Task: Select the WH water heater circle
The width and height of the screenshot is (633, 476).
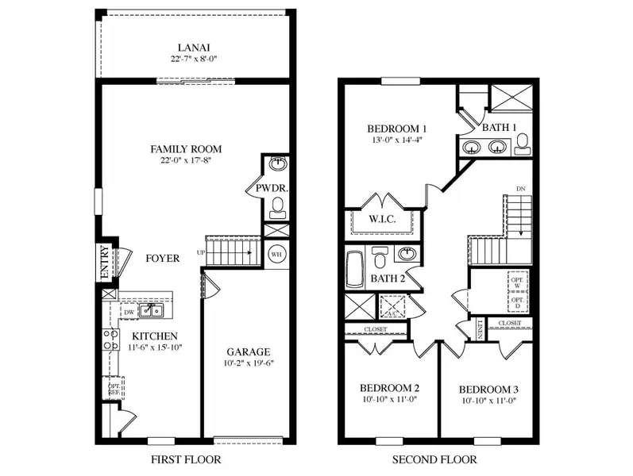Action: coord(276,254)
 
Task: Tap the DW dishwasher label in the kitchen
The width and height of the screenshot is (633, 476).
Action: coord(129,313)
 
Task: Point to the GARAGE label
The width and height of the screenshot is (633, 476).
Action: coord(248,351)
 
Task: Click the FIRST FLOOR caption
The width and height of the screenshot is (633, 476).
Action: coord(185,459)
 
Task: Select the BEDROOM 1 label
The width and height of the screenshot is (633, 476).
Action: coord(397,129)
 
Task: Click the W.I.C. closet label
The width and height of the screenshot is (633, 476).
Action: coord(383,219)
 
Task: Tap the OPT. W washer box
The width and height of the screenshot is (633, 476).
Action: coord(518,282)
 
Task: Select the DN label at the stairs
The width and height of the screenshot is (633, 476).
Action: coord(520,189)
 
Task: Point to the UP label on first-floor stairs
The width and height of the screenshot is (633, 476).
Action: coord(201,252)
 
